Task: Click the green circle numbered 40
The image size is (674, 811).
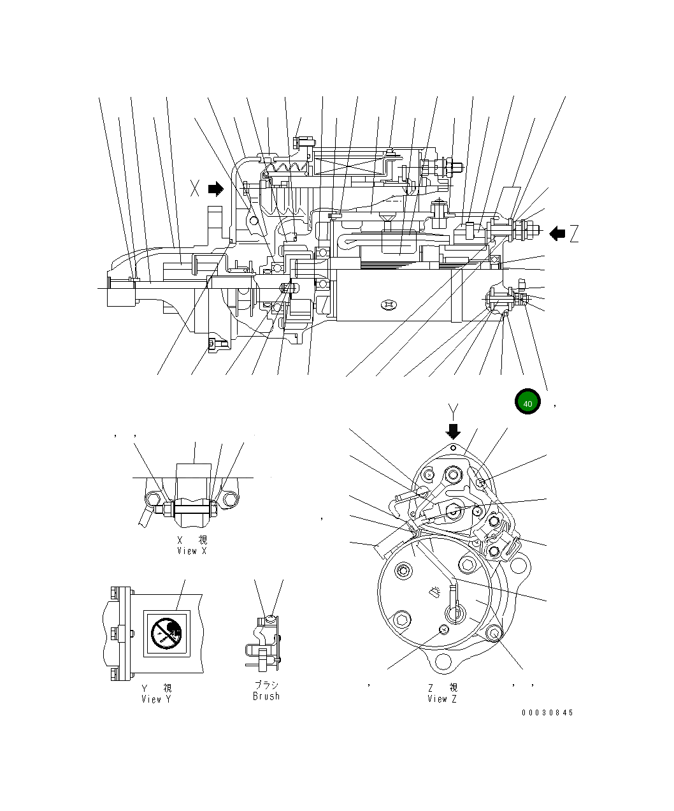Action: point(527,402)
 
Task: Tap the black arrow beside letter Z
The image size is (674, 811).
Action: point(557,233)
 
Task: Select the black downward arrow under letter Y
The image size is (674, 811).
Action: point(453,432)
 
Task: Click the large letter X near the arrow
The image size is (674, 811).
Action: point(196,188)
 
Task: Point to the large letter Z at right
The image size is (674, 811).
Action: point(575,234)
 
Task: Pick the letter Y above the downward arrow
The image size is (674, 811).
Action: point(453,410)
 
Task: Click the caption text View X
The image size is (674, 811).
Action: point(192,551)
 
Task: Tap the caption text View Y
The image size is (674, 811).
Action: point(156,699)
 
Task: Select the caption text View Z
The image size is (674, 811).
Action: point(442,699)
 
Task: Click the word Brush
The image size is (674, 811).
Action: point(266,696)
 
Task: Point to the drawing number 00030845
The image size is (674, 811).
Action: point(547,713)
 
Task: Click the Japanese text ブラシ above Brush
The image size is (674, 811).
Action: point(266,685)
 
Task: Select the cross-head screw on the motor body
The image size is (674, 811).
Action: point(389,306)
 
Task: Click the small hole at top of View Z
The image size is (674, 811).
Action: point(453,448)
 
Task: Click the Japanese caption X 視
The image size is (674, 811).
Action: point(192,540)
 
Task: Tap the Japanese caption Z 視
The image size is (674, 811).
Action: point(442,688)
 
